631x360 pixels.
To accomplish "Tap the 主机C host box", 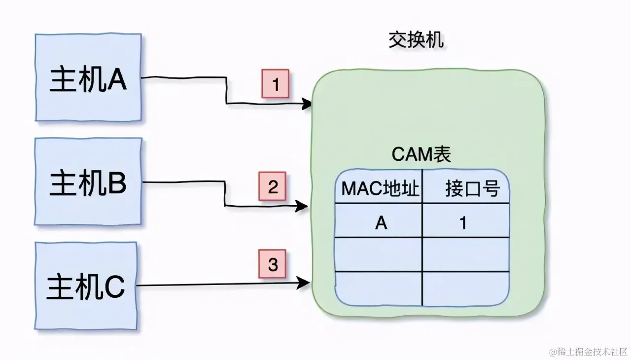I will [x=86, y=287].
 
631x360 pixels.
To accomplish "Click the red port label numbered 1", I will [x=275, y=85].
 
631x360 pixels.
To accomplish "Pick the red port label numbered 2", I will [x=273, y=187].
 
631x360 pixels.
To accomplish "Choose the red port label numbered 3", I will [x=273, y=264].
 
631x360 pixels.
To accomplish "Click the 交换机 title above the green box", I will [x=416, y=40].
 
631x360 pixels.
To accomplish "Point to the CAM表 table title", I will [x=421, y=155].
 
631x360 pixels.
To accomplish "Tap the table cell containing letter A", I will [x=380, y=223].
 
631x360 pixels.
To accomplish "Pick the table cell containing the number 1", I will [x=463, y=223].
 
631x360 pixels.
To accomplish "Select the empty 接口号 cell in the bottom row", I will [x=466, y=288].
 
